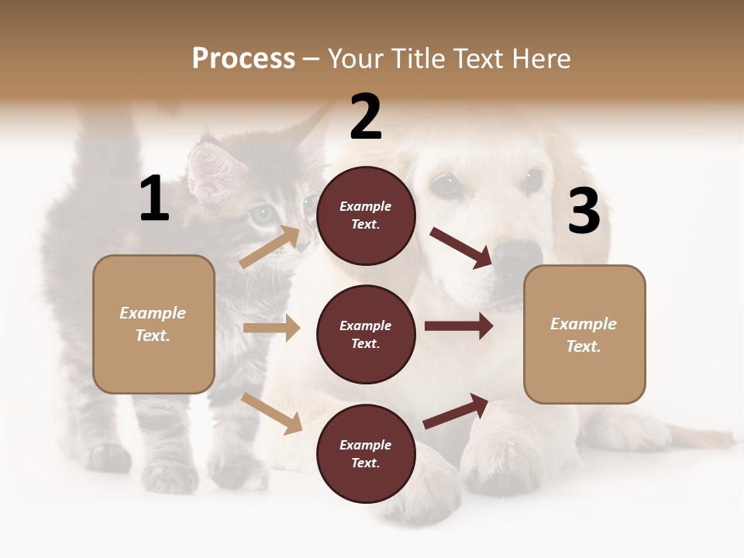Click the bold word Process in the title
tap(243, 59)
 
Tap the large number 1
tap(154, 199)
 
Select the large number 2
tap(366, 117)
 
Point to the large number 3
tap(584, 212)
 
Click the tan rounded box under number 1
tap(153, 324)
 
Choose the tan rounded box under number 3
tap(584, 334)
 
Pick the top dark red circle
tap(366, 215)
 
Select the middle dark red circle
tap(366, 334)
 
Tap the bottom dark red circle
tap(366, 453)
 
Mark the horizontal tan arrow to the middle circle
tap(271, 328)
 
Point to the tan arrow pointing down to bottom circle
tap(271, 412)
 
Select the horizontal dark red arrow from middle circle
tap(458, 326)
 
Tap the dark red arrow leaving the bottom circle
tap(456, 411)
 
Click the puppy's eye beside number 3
tap(532, 181)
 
